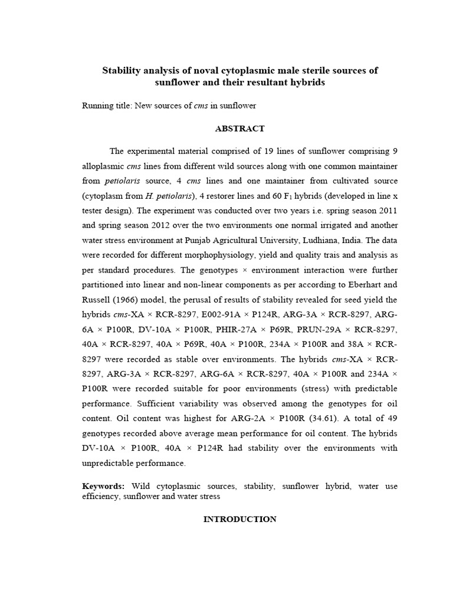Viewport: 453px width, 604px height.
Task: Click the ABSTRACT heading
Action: tap(240, 129)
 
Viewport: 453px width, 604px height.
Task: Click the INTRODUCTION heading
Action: tap(240, 519)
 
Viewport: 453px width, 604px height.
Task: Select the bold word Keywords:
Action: tap(103, 486)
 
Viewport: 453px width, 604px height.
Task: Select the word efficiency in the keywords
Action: tap(101, 497)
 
